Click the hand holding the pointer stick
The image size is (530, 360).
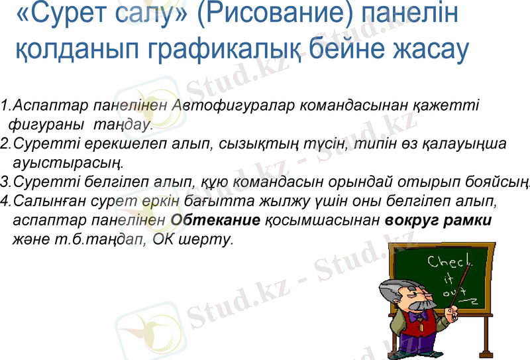click(453, 312)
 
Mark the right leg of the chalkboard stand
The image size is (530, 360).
click(488, 331)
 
